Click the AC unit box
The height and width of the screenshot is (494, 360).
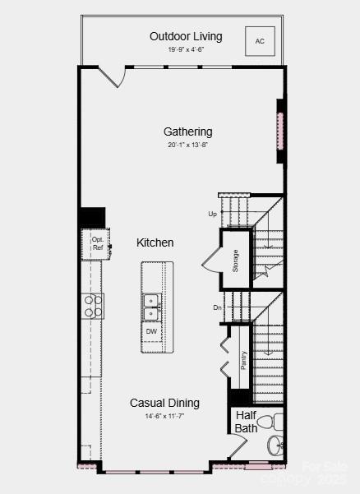click(x=260, y=40)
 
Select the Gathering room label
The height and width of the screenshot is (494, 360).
click(x=187, y=132)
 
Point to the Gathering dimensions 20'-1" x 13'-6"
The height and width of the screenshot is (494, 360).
click(x=187, y=145)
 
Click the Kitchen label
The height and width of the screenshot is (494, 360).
click(x=155, y=242)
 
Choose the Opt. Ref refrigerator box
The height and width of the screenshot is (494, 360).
click(x=97, y=243)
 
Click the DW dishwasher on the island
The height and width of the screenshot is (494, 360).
click(x=152, y=331)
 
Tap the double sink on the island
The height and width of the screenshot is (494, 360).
click(x=152, y=306)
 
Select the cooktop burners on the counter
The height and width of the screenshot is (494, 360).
click(x=93, y=306)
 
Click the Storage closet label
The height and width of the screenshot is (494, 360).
click(x=235, y=260)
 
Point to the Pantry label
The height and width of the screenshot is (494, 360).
click(x=243, y=360)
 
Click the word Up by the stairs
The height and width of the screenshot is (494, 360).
click(x=213, y=214)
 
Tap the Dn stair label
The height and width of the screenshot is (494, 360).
click(x=218, y=308)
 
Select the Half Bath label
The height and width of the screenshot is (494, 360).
click(x=247, y=422)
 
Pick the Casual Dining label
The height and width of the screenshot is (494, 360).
click(x=164, y=403)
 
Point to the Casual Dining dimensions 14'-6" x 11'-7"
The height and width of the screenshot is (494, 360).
click(x=164, y=416)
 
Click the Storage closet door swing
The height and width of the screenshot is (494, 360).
click(x=210, y=261)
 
